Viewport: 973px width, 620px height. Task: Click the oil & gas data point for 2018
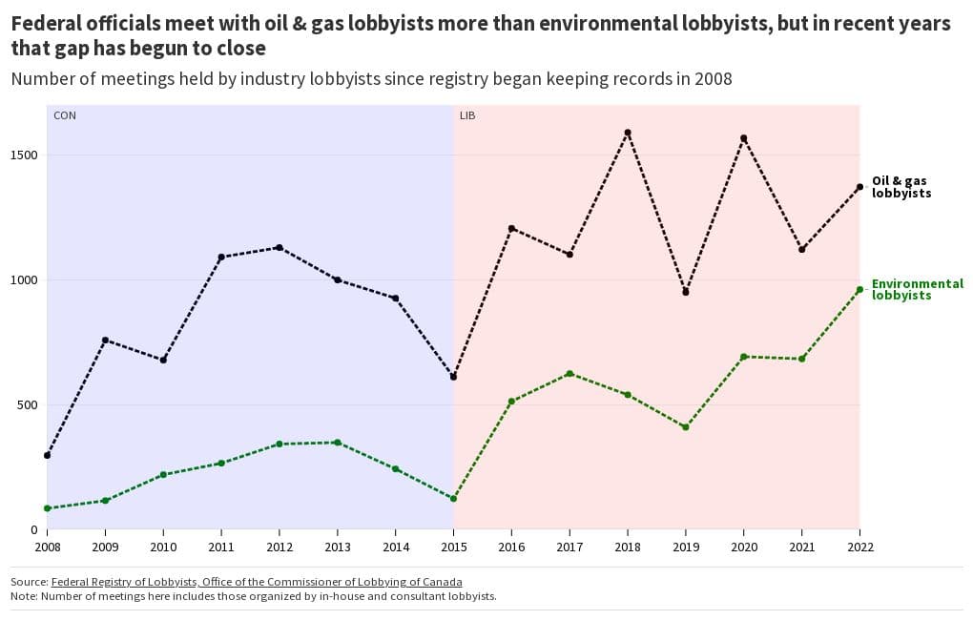(628, 133)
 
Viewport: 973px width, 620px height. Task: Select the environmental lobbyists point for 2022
(859, 289)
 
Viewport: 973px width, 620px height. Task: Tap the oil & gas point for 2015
(454, 377)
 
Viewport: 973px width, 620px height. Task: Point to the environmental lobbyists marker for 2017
(569, 374)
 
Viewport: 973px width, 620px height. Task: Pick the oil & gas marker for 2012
(279, 247)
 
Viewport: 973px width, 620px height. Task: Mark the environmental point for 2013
(338, 443)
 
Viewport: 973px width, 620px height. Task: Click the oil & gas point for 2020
(744, 138)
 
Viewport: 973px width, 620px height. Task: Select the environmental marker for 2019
(686, 427)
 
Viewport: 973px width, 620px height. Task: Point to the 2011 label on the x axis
(221, 548)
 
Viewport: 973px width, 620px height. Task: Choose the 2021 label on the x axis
(802, 548)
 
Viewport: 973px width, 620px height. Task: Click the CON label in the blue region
(64, 115)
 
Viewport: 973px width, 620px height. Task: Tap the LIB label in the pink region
(467, 115)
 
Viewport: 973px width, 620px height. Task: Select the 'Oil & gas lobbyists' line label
(901, 187)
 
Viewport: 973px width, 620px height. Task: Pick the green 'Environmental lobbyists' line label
(917, 290)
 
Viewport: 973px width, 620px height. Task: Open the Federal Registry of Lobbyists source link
(257, 582)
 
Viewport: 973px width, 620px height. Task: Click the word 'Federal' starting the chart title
(47, 24)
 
